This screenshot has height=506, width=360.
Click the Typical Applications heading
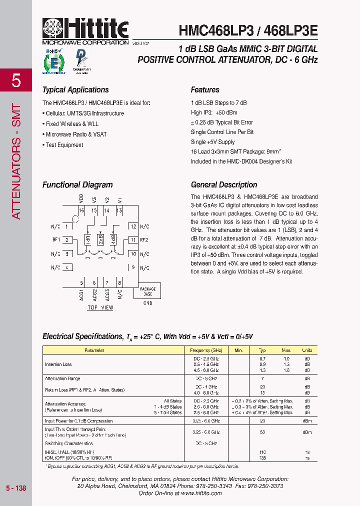75,90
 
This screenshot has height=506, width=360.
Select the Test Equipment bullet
63,145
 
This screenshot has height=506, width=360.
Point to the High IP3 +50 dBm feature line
214,113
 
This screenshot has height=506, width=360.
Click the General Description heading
224,184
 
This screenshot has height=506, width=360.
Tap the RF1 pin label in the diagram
55,239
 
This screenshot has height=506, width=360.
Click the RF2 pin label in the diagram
144,239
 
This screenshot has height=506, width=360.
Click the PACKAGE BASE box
147,291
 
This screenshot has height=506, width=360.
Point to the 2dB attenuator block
101,239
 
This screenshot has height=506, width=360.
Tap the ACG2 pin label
94,294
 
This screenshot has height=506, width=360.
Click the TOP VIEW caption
100,307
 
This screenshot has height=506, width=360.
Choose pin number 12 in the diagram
132,226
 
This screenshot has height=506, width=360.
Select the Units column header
307,350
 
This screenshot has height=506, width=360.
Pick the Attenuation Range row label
62,378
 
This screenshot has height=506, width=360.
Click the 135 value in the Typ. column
263,457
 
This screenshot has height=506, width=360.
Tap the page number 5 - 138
16,488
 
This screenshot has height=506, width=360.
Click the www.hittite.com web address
201,493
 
